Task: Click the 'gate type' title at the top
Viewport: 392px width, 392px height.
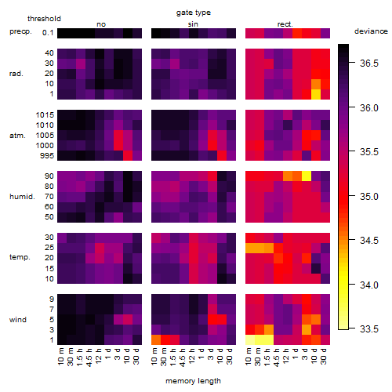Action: coord(194,13)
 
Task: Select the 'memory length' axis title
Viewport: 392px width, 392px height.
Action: coord(193,381)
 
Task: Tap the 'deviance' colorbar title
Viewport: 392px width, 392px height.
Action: coord(371,31)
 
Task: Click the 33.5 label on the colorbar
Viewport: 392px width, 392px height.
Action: coord(368,329)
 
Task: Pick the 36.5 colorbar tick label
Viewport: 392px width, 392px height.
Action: coord(368,64)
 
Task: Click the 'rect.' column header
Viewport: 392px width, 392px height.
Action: coord(285,24)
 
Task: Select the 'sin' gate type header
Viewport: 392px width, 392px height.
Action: coord(193,24)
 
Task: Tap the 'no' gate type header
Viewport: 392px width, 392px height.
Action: coord(101,24)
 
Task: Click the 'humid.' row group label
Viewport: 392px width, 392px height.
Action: coord(22,197)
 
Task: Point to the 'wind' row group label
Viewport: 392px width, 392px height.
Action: coord(18,320)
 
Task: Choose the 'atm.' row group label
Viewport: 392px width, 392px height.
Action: coord(17,136)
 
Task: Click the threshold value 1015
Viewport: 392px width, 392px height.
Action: coord(45,115)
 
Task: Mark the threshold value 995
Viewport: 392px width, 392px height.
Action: coord(47,156)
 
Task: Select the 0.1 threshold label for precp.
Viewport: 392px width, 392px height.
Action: coord(48,33)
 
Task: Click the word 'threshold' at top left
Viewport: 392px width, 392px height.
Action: coord(44,19)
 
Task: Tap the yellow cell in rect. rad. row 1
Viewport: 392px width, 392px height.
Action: coord(316,94)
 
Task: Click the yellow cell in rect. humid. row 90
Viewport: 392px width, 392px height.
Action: coord(307,176)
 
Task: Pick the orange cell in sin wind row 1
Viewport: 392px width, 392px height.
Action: coord(156,339)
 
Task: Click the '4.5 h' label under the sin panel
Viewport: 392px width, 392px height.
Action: coord(184,358)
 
